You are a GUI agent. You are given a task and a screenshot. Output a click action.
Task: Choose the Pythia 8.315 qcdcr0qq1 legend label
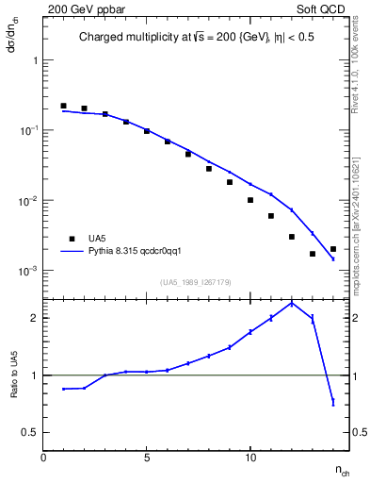[x=141, y=252]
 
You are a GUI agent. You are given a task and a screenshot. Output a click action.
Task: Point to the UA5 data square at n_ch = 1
[x=63, y=106]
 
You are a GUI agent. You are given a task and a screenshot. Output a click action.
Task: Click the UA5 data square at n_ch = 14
[x=333, y=249]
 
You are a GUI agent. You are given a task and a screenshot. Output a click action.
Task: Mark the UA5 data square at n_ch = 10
[x=250, y=200]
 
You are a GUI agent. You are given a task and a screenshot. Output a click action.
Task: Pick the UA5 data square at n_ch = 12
[x=292, y=237]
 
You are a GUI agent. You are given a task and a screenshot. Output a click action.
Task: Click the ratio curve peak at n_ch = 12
[x=292, y=303]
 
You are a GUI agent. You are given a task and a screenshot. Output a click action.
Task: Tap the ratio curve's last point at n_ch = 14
[x=333, y=403]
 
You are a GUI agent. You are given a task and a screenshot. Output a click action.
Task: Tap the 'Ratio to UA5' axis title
[x=14, y=375]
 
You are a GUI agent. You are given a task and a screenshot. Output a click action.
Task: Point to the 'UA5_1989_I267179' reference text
[x=194, y=281]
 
